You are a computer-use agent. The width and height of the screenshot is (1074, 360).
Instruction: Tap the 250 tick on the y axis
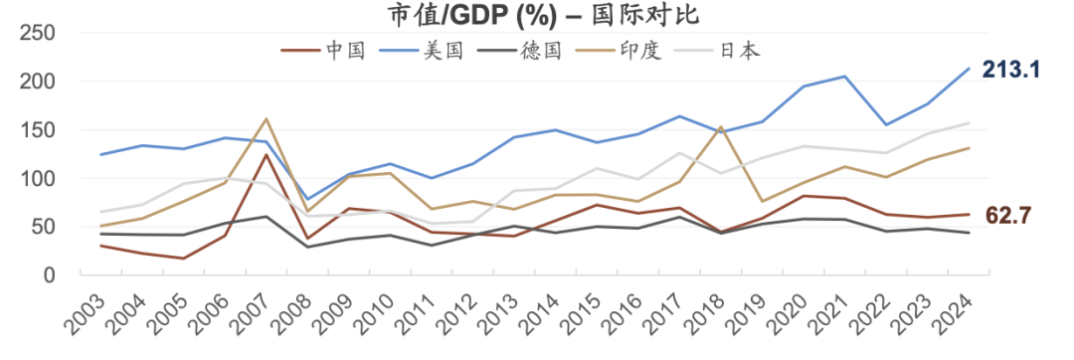pyautogui.click(x=37, y=33)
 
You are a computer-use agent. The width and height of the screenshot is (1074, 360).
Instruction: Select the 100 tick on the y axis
pyautogui.click(x=37, y=179)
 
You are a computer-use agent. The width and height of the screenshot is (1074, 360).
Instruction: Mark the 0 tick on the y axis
pyautogui.click(x=48, y=275)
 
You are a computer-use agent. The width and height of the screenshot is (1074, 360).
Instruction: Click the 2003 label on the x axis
pyautogui.click(x=86, y=311)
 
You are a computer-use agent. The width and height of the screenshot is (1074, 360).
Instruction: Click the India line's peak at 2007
pyautogui.click(x=267, y=119)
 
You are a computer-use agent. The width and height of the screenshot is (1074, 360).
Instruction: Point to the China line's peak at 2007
pyautogui.click(x=267, y=155)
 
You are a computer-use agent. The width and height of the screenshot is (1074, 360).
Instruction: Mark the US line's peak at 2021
pyautogui.click(x=845, y=77)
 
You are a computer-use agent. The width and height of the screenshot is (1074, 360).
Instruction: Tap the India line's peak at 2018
pyautogui.click(x=720, y=127)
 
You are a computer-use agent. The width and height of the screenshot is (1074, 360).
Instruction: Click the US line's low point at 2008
pyautogui.click(x=308, y=200)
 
